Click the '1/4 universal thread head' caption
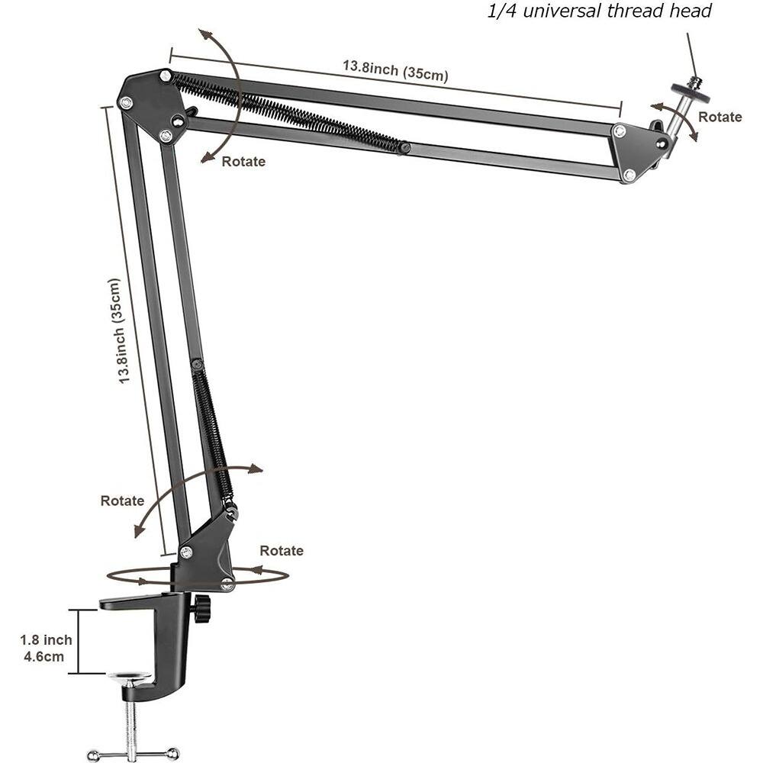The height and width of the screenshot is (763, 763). (599, 11)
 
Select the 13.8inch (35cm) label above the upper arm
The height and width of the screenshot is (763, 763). (394, 71)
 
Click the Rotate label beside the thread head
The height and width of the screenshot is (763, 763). (720, 117)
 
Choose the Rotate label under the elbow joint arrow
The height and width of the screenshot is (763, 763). (243, 161)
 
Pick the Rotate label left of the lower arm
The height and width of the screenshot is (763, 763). (122, 501)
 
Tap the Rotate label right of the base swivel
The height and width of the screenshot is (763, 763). (281, 550)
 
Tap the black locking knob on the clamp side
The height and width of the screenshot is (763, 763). (201, 609)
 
